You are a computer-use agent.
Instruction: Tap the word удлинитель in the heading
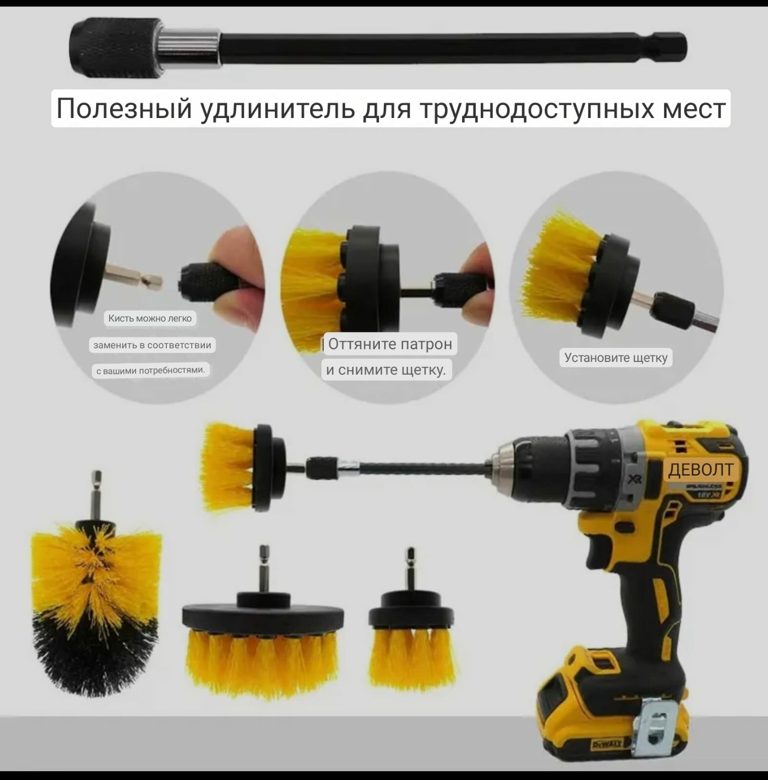278,108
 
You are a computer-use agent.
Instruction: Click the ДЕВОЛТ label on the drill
700,469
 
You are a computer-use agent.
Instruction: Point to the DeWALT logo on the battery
607,744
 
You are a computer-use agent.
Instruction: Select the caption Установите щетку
615,358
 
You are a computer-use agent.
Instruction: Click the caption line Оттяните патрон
390,344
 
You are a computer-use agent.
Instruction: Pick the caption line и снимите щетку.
386,370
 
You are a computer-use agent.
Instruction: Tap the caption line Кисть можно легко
150,319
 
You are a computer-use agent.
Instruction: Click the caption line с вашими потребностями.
150,371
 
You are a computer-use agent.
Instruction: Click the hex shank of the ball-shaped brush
97,495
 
